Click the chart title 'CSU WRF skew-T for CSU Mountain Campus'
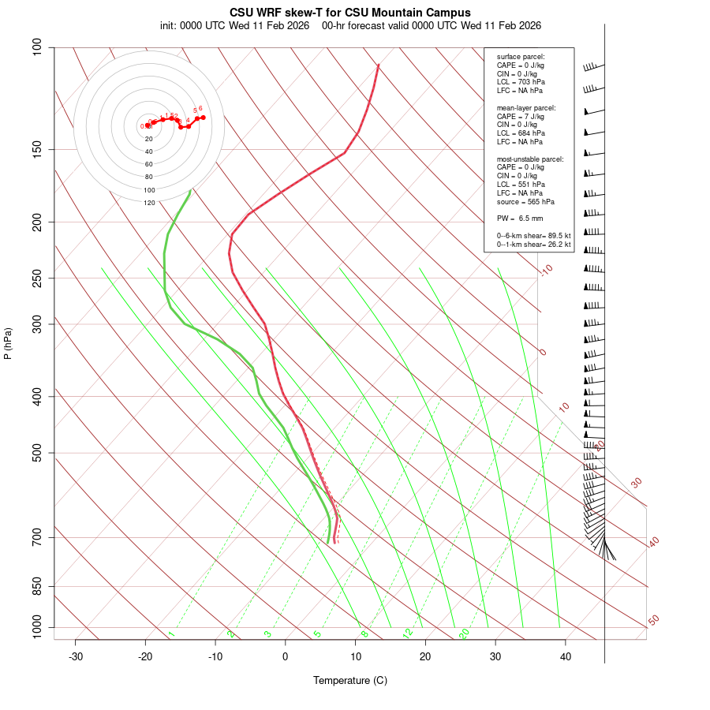click(x=350, y=13)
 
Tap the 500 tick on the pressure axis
click(x=36, y=453)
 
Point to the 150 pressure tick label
click(x=36, y=149)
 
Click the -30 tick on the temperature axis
click(x=76, y=656)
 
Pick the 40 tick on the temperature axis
click(x=566, y=656)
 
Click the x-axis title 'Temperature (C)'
click(x=350, y=680)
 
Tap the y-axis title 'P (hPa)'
click(x=8, y=343)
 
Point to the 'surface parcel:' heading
click(x=521, y=57)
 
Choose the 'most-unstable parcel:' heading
click(x=530, y=159)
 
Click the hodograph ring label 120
click(x=149, y=203)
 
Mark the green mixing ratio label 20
click(x=465, y=633)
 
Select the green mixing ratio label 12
click(x=408, y=633)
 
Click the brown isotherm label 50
click(x=653, y=621)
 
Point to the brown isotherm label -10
click(x=546, y=271)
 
